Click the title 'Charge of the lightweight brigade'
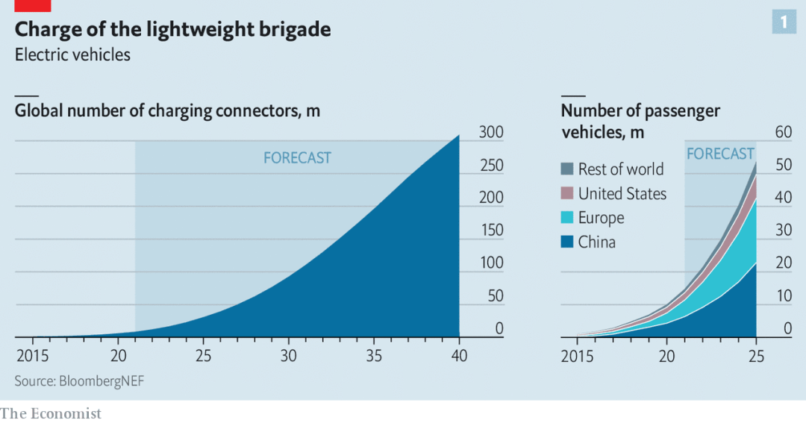pyautogui.click(x=172, y=30)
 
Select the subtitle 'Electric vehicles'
pyautogui.click(x=72, y=55)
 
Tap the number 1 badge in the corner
pyautogui.click(x=784, y=22)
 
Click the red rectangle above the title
pyautogui.click(x=32, y=5)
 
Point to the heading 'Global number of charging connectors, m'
pyautogui.click(x=167, y=111)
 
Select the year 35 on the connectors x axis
pyautogui.click(x=375, y=356)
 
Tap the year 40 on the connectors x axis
pyautogui.click(x=460, y=356)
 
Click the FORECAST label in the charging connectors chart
pyautogui.click(x=297, y=158)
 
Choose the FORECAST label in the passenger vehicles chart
pyautogui.click(x=720, y=154)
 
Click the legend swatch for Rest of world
pyautogui.click(x=566, y=169)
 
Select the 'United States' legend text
pyautogui.click(x=622, y=194)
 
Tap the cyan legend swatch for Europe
pyautogui.click(x=566, y=218)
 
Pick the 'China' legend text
pyautogui.click(x=596, y=242)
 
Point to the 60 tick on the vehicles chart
pyautogui.click(x=783, y=133)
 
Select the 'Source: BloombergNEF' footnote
pyautogui.click(x=79, y=381)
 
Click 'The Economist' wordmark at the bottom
pyautogui.click(x=51, y=413)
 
